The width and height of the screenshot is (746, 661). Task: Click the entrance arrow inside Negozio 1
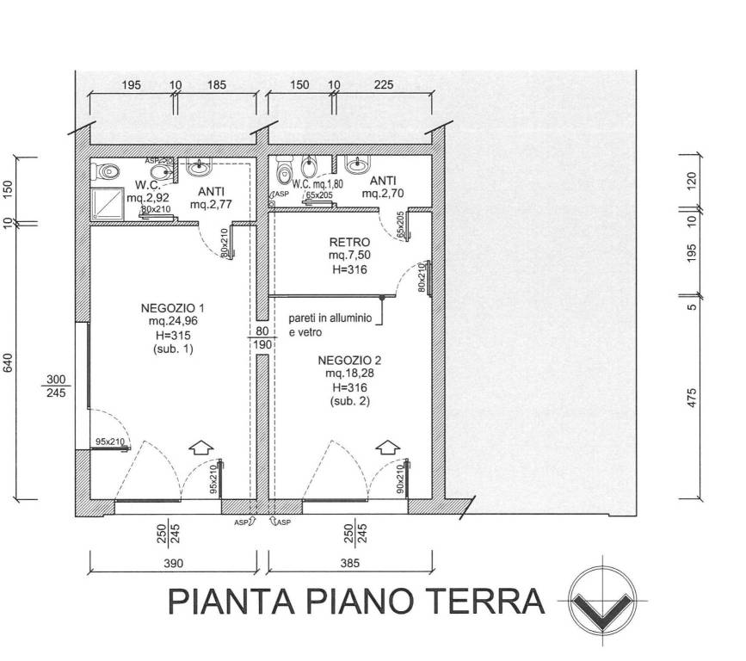click(200, 448)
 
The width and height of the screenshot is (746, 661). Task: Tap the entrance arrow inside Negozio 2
click(387, 448)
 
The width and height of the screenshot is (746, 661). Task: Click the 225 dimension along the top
click(385, 85)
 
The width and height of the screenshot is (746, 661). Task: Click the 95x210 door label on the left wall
click(110, 442)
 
